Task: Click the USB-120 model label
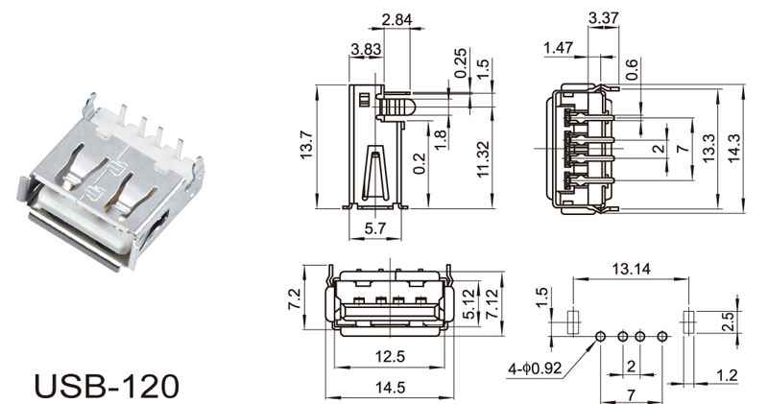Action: click(x=108, y=387)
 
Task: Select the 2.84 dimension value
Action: click(x=396, y=20)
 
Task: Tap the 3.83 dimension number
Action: click(x=366, y=49)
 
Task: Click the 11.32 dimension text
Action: click(x=483, y=159)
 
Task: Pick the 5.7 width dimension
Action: click(x=375, y=228)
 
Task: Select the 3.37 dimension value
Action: click(x=604, y=18)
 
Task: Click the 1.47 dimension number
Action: click(x=559, y=47)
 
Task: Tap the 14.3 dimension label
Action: click(x=734, y=148)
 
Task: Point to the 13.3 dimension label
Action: click(x=708, y=148)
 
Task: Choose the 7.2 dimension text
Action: click(x=294, y=299)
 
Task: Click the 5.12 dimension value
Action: click(x=468, y=304)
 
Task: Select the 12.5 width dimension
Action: click(x=391, y=357)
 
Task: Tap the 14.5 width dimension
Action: click(x=391, y=388)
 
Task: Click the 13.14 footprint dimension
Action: click(x=631, y=269)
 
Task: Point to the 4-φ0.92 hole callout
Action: click(x=535, y=368)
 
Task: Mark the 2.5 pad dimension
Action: click(x=729, y=322)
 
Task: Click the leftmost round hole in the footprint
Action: click(x=601, y=337)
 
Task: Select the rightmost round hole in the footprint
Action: click(x=662, y=337)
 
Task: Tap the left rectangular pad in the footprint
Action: click(x=573, y=322)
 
